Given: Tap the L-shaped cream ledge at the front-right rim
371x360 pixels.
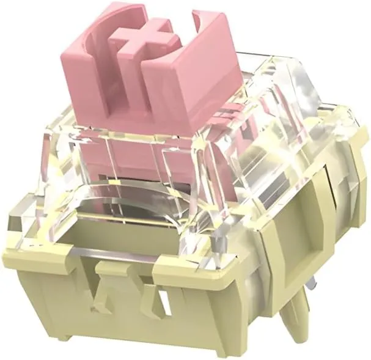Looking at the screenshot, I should pyautogui.click(x=183, y=269).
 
